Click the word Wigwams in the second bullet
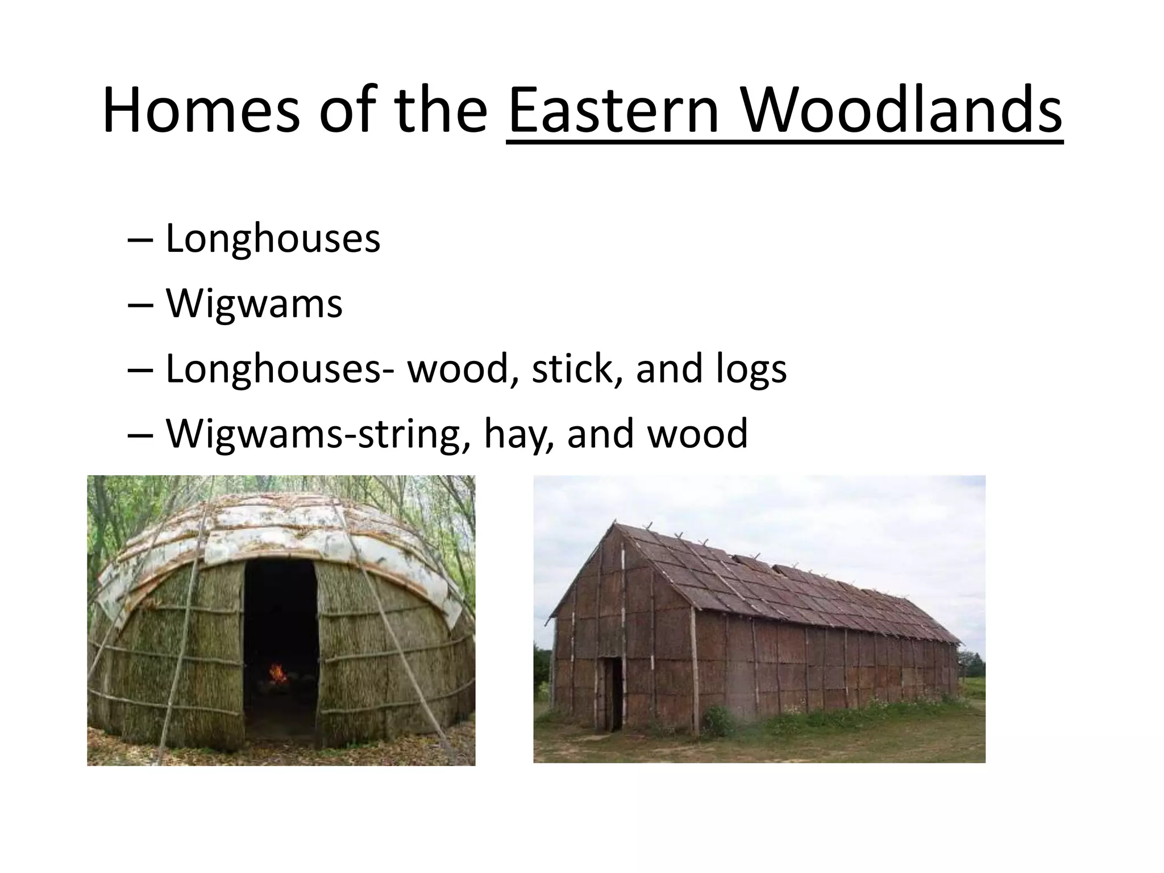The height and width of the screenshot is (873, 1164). click(254, 304)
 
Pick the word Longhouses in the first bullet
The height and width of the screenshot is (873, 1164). click(273, 239)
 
